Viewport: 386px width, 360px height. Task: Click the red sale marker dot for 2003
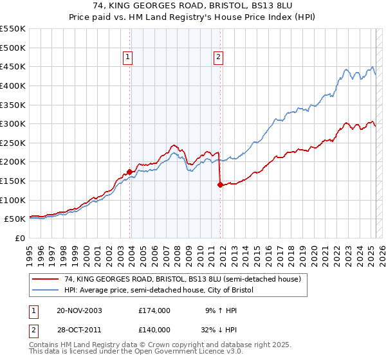click(x=130, y=172)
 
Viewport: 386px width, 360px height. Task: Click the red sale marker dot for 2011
click(x=220, y=184)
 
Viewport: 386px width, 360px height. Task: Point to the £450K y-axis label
click(x=13, y=66)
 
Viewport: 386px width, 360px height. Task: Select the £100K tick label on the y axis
click(x=13, y=200)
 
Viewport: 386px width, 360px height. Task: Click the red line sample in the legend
click(x=46, y=279)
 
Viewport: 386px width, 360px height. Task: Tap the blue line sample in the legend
click(x=46, y=290)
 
